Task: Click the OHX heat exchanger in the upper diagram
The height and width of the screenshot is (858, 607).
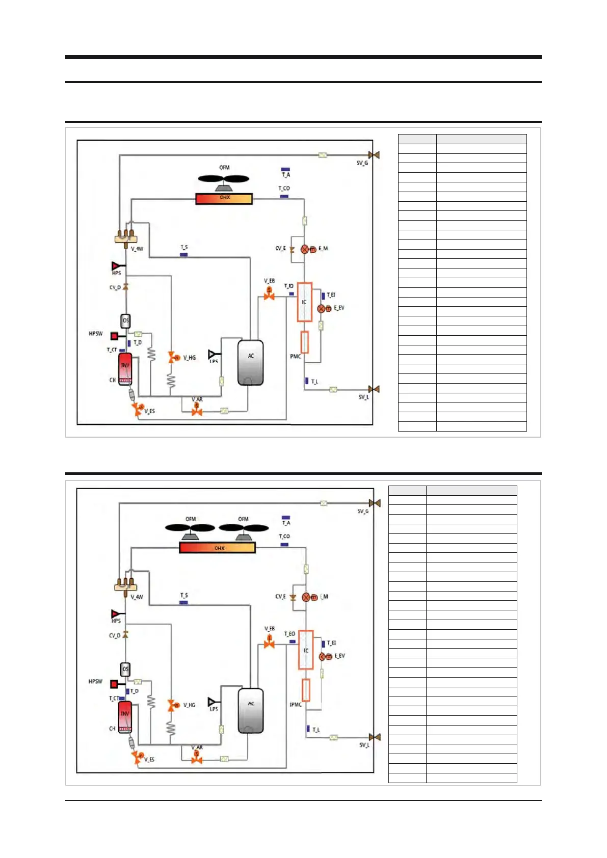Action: click(x=224, y=199)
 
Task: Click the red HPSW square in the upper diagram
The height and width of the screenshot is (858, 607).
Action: click(x=115, y=336)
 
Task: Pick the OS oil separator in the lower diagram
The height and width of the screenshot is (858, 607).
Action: click(x=125, y=669)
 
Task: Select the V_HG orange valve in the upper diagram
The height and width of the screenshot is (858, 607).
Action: click(x=173, y=358)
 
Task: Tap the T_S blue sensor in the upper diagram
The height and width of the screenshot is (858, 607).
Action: click(x=184, y=254)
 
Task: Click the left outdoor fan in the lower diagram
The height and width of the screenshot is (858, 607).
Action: click(x=190, y=529)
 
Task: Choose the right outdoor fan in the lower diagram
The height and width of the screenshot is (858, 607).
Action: click(x=244, y=529)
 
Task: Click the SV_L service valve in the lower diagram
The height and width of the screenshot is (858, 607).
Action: click(x=375, y=737)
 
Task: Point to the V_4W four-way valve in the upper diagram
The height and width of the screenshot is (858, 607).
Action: click(x=125, y=237)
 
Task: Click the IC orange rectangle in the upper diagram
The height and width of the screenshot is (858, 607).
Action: click(x=304, y=302)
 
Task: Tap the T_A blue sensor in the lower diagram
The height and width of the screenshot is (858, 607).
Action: click(x=286, y=518)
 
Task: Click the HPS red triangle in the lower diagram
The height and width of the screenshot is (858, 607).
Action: click(x=116, y=614)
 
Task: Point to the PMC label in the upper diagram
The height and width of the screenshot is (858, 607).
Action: click(x=295, y=356)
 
